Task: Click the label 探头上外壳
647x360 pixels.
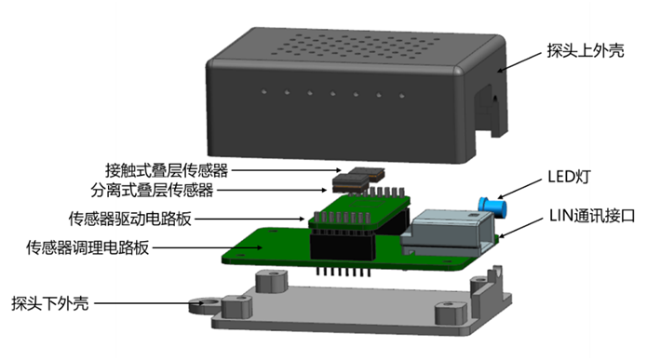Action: (586, 51)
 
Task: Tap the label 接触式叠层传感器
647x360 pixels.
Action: (167, 170)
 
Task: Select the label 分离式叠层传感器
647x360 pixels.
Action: (152, 190)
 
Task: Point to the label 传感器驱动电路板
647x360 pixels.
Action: (130, 219)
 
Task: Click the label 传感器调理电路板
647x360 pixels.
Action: (88, 247)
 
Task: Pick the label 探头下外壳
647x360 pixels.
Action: (50, 303)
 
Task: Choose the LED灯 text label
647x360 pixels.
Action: (569, 177)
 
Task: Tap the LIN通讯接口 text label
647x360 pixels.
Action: (592, 216)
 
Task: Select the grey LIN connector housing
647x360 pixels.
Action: (448, 232)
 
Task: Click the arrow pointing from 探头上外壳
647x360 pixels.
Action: (519, 62)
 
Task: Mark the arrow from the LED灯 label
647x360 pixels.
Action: (519, 189)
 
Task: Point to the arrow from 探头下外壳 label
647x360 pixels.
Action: (149, 303)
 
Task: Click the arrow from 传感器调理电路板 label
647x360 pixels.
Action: (208, 247)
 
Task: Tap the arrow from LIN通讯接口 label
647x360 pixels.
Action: (520, 228)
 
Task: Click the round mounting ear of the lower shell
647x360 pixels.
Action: (205, 305)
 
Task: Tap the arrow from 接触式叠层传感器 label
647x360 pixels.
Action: (287, 170)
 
